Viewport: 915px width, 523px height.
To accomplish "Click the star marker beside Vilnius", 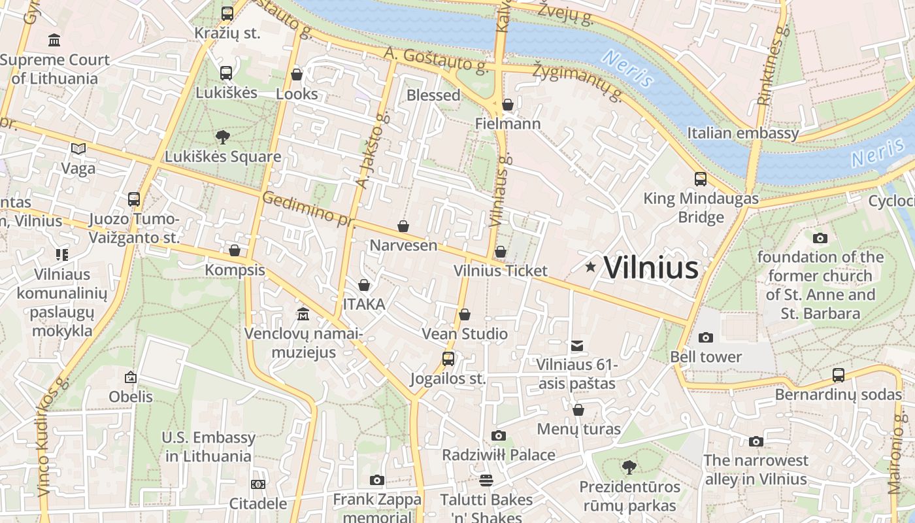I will point(591,267).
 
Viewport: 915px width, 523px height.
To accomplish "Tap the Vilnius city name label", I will point(651,268).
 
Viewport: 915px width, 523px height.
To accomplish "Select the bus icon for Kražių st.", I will point(227,13).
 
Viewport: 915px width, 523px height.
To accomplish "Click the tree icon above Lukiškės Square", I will point(223,137).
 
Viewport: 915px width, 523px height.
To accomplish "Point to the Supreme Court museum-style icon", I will point(54,41).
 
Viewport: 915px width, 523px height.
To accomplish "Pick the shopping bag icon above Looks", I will point(297,75).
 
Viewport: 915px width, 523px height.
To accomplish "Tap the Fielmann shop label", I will point(508,124).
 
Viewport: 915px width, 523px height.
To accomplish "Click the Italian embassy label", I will point(742,133).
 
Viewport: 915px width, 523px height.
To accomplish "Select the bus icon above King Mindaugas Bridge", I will point(701,179).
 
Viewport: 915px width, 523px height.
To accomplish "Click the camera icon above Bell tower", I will point(706,337).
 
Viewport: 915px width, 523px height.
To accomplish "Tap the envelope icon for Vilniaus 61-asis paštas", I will point(577,346).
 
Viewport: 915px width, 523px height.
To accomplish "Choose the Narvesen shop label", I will point(403,245).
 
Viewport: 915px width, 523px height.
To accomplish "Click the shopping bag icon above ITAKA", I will point(364,285).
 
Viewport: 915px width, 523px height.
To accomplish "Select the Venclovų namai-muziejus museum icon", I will point(303,314).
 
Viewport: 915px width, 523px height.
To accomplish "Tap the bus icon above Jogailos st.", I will point(448,359).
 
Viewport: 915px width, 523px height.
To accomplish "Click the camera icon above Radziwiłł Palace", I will point(499,436).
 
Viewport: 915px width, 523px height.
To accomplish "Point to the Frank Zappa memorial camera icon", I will point(376,481).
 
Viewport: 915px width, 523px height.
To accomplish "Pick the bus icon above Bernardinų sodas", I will point(839,375).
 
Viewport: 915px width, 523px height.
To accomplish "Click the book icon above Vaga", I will point(78,149).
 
